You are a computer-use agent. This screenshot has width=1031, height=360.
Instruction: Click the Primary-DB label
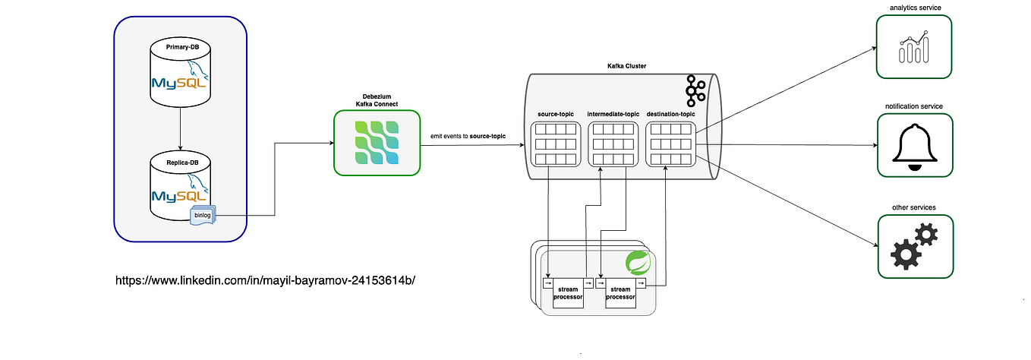coord(180,48)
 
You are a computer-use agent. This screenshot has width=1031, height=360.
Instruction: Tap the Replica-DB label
coord(180,163)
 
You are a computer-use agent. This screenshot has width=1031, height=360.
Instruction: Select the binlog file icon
coord(203,215)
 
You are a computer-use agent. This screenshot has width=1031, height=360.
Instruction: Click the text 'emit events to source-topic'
coord(468,135)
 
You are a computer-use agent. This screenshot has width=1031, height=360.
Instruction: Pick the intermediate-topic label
coord(612,114)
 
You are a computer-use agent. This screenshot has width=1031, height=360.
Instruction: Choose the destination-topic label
coord(671,114)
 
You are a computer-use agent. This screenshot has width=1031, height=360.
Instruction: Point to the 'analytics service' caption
coord(914,8)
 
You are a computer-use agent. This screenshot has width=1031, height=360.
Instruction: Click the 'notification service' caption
coord(914,106)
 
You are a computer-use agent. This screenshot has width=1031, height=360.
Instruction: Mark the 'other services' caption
coord(914,207)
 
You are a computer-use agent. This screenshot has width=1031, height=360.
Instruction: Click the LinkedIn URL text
coord(266,280)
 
